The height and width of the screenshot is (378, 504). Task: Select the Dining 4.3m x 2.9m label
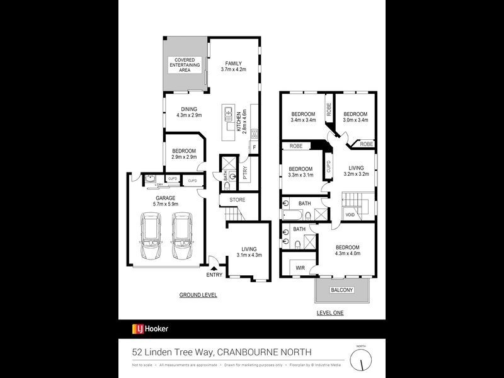click(x=188, y=112)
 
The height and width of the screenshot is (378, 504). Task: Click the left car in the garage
click(x=152, y=237)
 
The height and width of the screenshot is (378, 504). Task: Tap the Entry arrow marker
click(x=214, y=269)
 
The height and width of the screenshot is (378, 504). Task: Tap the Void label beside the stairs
click(x=350, y=215)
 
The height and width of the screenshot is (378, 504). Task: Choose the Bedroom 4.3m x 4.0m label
click(x=348, y=250)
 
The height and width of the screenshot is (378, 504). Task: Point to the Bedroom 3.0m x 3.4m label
click(x=355, y=117)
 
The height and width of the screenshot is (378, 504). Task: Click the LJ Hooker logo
click(x=150, y=328)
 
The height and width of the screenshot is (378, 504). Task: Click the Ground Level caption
click(x=198, y=294)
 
